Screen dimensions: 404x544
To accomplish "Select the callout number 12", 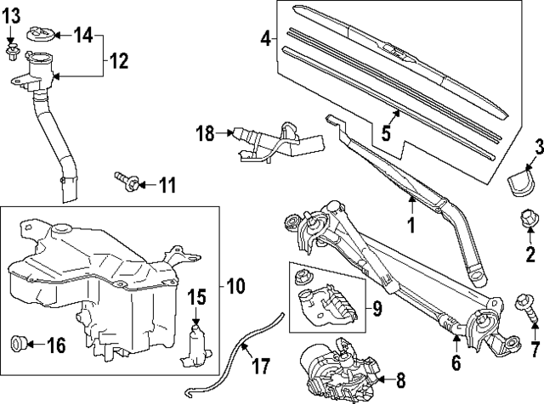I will pyautogui.click(x=118, y=62).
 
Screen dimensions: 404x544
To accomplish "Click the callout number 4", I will pyautogui.click(x=265, y=38).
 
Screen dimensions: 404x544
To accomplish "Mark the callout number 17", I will pyautogui.click(x=261, y=368).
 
